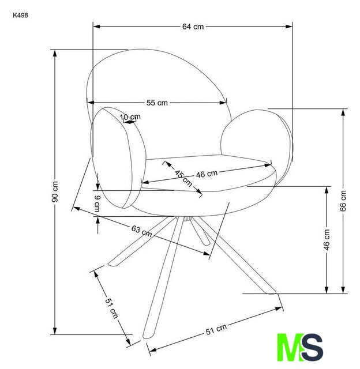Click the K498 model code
[x=21, y=16]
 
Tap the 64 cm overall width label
[x=193, y=27]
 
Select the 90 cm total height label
[x=55, y=191]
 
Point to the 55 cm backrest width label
[x=157, y=103]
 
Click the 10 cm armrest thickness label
[x=130, y=116]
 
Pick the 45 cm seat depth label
[x=183, y=178]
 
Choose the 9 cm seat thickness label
[x=97, y=204]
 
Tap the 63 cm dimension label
[x=141, y=231]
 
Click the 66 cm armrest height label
[x=343, y=201]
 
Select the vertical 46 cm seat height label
[x=327, y=240]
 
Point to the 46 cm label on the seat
[x=207, y=174]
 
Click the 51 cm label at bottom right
[x=216, y=329]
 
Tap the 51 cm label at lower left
[x=111, y=308]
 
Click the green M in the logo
[x=290, y=347]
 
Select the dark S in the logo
[x=313, y=347]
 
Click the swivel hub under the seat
[x=187, y=219]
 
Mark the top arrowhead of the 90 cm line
[x=55, y=53]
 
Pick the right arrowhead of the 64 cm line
[x=289, y=27]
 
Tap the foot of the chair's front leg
[x=147, y=337]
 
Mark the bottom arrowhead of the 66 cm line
[x=343, y=290]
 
